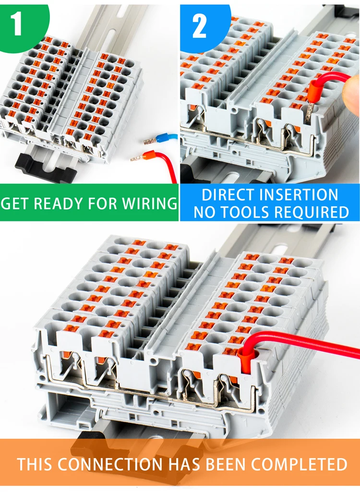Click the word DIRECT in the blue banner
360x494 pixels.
(228, 195)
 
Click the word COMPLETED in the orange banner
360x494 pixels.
(299, 464)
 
